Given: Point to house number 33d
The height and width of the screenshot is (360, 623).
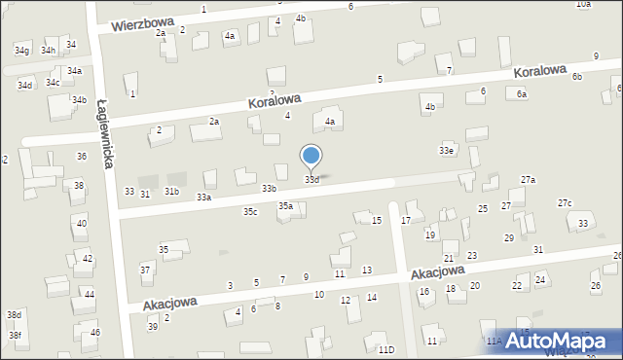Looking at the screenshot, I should point(311,180).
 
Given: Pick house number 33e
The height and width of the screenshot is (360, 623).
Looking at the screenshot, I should point(446,151).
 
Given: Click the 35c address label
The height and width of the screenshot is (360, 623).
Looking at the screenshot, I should point(250,211).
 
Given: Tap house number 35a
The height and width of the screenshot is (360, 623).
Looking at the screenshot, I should point(285,206).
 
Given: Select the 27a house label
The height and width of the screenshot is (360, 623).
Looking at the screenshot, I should point(528,180).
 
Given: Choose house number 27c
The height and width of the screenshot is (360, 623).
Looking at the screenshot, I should point(565,202).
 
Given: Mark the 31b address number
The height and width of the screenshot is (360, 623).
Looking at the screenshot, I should point(171,192).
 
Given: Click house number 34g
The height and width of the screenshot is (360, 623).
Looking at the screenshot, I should point(21,50).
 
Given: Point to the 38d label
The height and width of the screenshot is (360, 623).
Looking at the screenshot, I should point(14,315).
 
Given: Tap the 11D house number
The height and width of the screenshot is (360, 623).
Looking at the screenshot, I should point(386,349).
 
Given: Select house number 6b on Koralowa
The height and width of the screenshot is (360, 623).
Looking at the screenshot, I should point(577,76).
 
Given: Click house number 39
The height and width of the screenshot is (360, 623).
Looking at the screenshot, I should point(153,326).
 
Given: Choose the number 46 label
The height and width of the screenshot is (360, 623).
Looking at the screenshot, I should point(95,333).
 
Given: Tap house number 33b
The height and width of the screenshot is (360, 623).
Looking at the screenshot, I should point(269,188).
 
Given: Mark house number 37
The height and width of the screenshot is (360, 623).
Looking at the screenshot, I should point(145,270).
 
